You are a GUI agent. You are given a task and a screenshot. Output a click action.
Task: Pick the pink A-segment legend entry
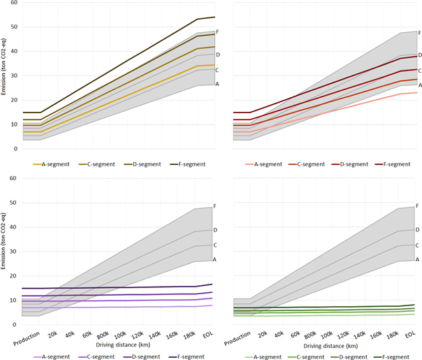pos(259,164)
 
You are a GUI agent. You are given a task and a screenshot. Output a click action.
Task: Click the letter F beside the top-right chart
pos(419,32)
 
